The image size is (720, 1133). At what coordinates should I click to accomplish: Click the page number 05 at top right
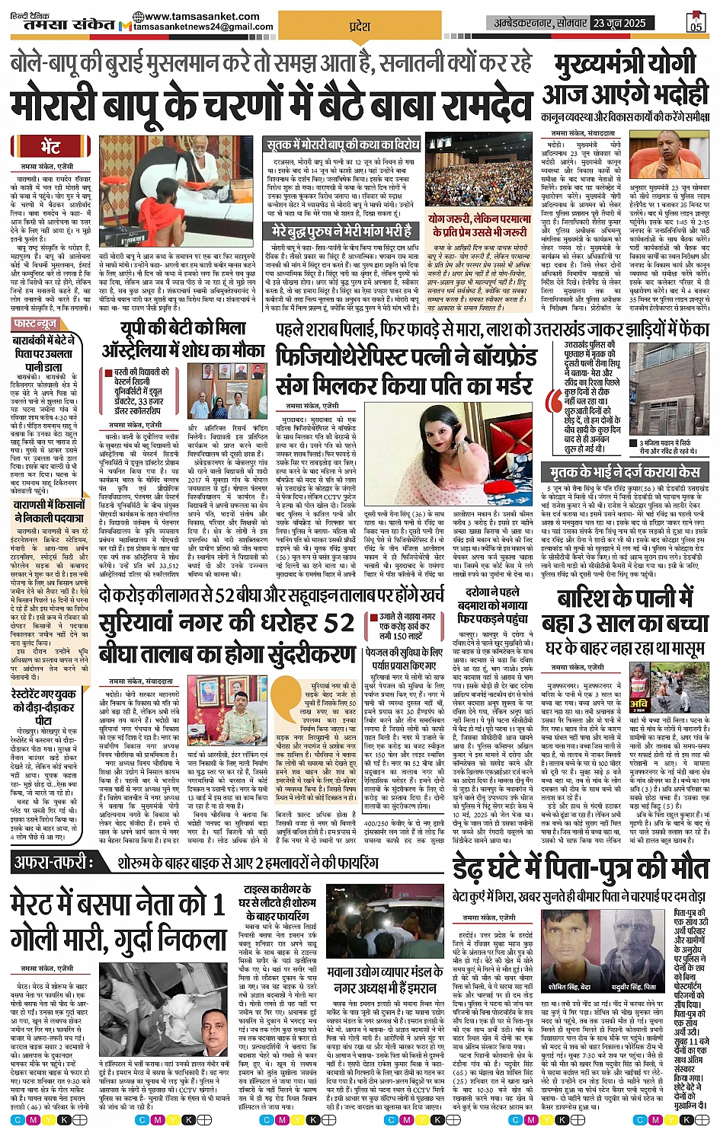click(696, 23)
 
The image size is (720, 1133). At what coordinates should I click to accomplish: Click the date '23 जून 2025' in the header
click(619, 23)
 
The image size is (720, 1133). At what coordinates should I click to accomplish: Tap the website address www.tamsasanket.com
click(200, 16)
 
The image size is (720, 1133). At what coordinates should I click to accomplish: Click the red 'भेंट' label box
click(51, 146)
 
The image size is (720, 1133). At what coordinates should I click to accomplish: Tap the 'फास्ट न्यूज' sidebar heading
click(37, 324)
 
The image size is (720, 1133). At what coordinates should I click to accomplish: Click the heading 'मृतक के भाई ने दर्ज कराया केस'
click(621, 472)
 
